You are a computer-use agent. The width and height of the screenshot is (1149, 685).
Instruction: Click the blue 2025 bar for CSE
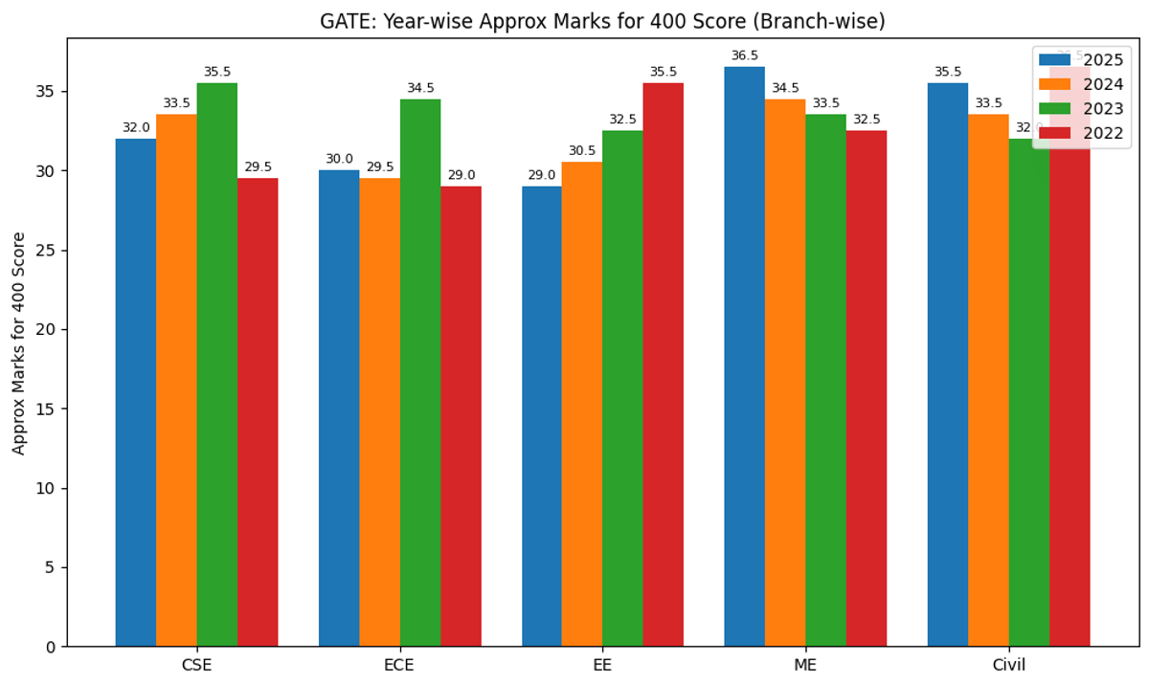point(136,392)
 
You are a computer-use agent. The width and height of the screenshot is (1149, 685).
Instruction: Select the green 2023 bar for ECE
point(420,373)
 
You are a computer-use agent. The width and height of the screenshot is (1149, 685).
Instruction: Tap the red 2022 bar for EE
point(664,365)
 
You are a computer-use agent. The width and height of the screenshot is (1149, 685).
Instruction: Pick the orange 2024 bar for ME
point(785,373)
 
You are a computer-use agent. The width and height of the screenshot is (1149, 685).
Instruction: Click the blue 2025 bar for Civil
point(948,365)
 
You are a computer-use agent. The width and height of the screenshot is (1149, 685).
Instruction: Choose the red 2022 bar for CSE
point(258,412)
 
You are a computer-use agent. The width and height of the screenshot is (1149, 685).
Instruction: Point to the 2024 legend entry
point(1082,84)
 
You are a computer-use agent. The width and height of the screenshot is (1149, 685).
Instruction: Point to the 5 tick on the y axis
point(49,567)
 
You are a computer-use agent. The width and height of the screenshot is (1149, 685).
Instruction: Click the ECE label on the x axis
point(399,665)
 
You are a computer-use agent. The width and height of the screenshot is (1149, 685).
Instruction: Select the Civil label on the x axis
point(1008,665)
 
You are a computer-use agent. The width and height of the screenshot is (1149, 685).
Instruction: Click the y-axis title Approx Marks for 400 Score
point(19,342)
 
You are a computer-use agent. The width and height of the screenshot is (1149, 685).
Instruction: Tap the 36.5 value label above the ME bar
point(745,56)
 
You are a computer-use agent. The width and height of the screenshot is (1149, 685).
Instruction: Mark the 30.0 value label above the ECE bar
point(339,160)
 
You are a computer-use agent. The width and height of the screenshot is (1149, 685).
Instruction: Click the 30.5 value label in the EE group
point(582,151)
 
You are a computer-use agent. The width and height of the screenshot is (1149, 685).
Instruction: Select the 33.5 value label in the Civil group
point(988,103)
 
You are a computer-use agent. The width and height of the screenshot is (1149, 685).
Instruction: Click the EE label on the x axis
point(602,665)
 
